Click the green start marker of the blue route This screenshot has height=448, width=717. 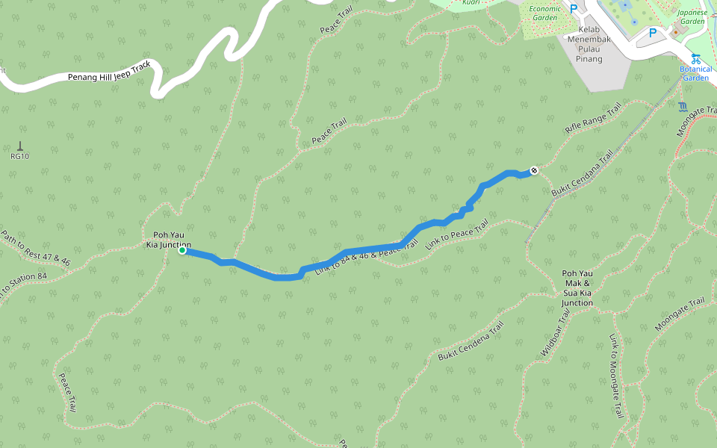point(182,251)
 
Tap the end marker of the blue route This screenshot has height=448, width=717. point(534,171)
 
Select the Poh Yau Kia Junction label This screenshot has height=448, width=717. point(168,240)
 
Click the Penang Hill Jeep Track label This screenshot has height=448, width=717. point(109,72)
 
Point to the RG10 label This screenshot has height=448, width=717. point(19,157)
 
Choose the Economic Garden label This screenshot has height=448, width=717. point(544,13)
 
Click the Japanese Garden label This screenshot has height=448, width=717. point(692,16)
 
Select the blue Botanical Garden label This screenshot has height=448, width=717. point(695,73)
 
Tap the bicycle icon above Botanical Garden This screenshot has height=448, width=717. point(695,58)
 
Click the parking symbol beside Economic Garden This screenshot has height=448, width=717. point(574,9)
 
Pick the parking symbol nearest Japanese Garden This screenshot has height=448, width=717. point(652,33)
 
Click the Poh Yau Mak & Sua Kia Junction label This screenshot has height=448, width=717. point(577,288)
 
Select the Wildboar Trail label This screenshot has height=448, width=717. point(555,332)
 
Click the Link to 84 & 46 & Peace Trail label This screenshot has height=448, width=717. point(365,258)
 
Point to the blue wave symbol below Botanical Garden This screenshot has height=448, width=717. point(683,106)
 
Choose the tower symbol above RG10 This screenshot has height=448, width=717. point(19,146)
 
